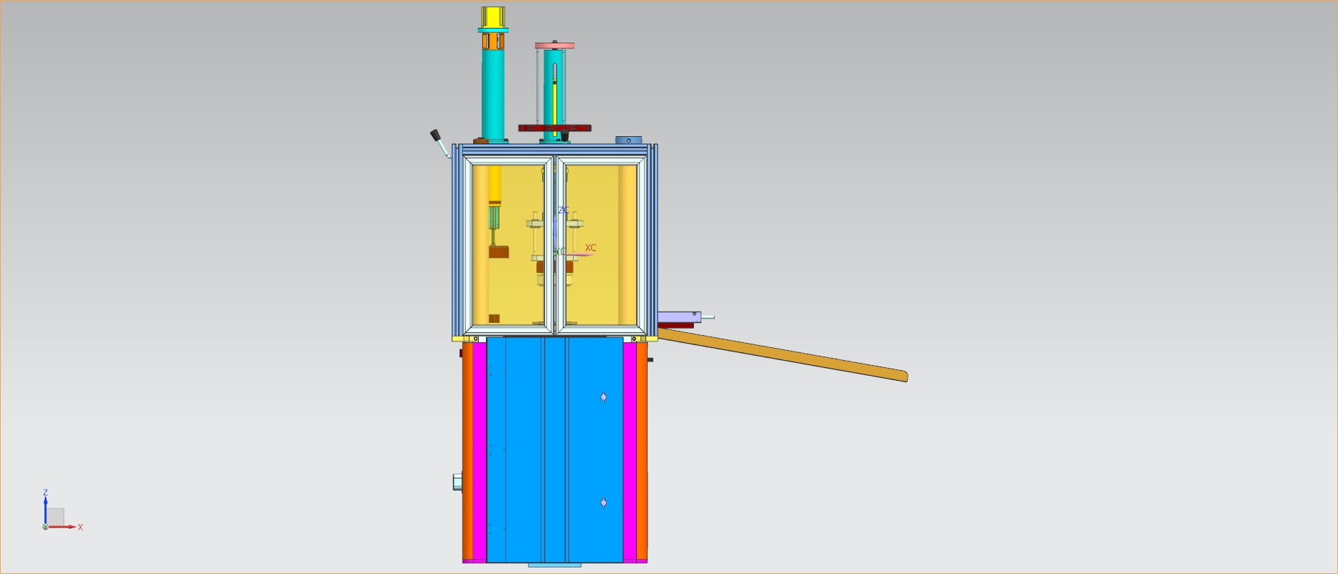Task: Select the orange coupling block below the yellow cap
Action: point(493,42)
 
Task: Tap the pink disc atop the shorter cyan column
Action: point(554,46)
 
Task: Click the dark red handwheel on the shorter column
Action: point(554,128)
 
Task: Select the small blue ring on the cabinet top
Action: point(629,140)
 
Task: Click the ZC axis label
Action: point(563,210)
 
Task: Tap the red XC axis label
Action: point(590,248)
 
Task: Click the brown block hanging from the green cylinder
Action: point(498,252)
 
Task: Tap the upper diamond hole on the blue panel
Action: point(603,397)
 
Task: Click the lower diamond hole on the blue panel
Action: point(603,503)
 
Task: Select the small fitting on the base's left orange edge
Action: point(457,482)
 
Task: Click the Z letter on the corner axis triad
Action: point(46,493)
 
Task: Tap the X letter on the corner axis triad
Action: point(81,528)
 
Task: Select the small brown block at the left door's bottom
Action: point(494,318)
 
